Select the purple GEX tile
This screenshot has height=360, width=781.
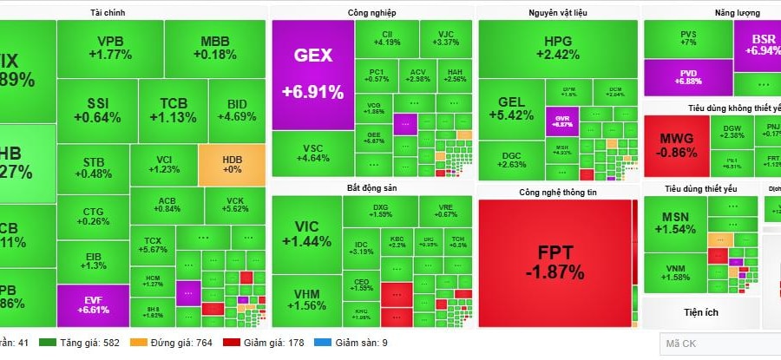[312, 74]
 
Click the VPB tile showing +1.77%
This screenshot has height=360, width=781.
[109, 48]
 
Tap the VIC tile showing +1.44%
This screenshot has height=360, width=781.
[306, 234]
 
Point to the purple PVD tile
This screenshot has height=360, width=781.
[687, 75]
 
